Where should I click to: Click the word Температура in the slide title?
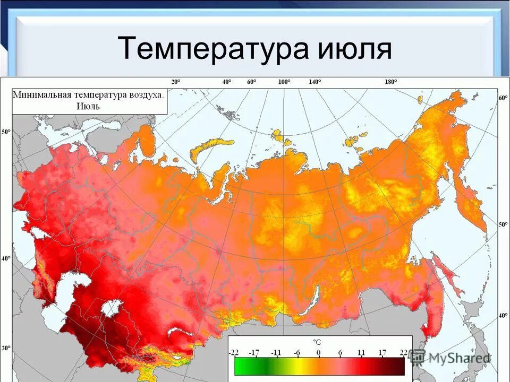tap(212, 49)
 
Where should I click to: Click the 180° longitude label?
tap(391, 82)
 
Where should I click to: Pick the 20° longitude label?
tap(175, 82)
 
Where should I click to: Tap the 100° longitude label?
tap(284, 82)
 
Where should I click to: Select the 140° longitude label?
tap(316, 82)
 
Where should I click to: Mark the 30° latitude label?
tap(6, 349)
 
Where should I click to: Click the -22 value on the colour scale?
tap(234, 352)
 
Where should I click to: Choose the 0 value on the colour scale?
tap(318, 352)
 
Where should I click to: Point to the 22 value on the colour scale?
tap(403, 352)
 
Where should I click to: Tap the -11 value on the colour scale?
tap(276, 352)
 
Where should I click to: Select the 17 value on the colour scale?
tap(381, 352)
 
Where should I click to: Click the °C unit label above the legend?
tap(317, 343)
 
